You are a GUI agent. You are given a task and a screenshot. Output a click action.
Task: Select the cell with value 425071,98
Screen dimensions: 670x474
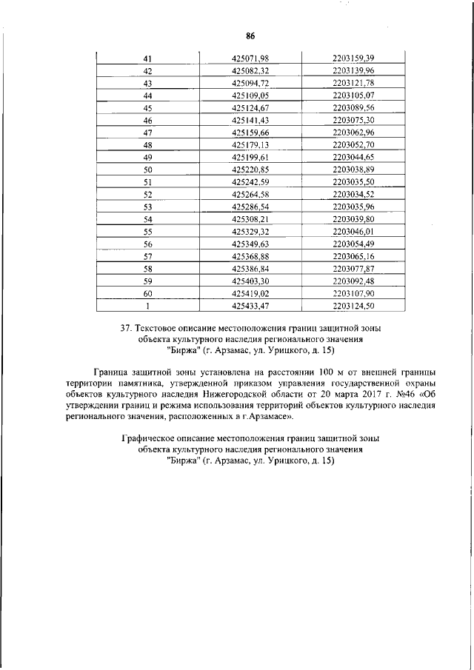250,58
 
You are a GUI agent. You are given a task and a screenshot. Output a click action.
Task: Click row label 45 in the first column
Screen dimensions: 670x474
147,108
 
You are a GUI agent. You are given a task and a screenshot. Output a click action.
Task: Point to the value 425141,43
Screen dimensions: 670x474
250,120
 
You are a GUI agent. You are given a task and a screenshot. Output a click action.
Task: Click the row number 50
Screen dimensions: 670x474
147,170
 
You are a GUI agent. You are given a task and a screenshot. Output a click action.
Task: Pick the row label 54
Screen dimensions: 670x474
147,219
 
